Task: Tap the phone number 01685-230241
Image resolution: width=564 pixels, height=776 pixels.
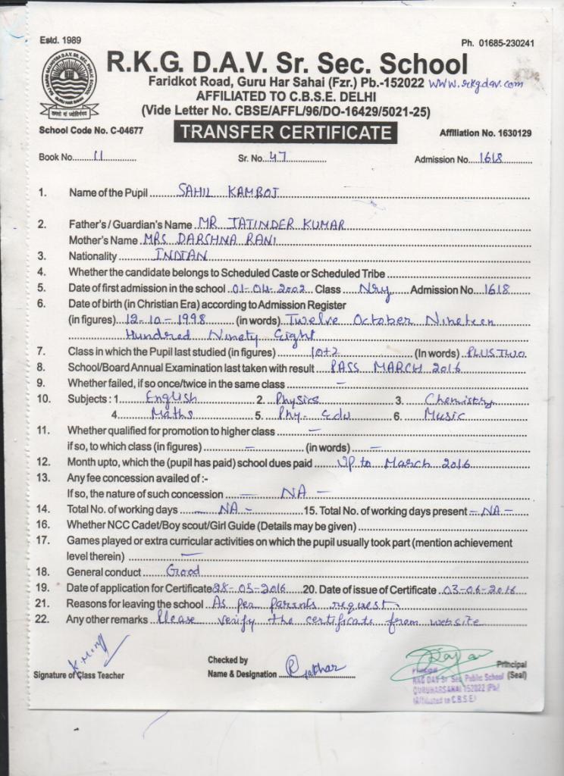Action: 497,43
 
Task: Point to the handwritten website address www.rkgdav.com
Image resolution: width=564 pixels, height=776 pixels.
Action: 475,83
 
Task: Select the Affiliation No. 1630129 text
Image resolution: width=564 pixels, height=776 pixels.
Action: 485,133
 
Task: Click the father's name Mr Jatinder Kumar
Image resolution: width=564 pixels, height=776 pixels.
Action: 270,224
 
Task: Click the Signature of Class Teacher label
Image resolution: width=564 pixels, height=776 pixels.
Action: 79,674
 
